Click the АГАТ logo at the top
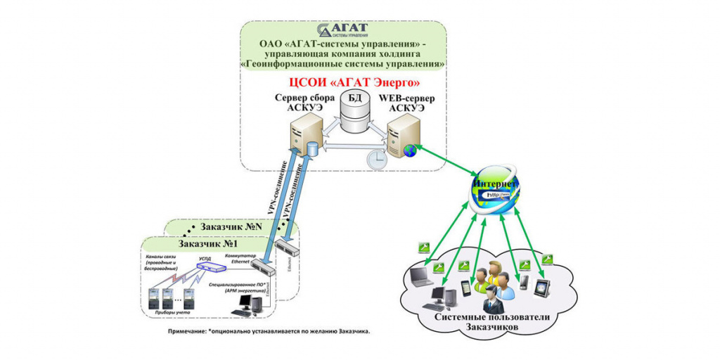345,30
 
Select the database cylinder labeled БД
354,111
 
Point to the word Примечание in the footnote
186,330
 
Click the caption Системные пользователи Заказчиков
487,324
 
